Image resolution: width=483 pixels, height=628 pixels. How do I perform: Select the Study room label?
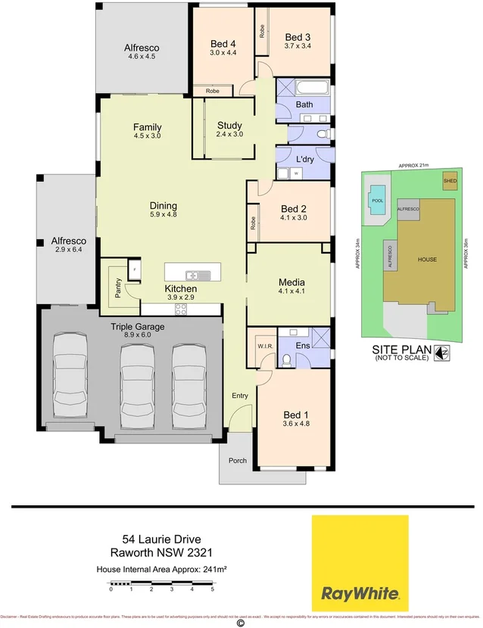coord(229,126)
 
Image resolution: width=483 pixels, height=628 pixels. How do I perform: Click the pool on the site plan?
coord(377,201)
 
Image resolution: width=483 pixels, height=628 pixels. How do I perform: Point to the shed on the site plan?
coord(450,181)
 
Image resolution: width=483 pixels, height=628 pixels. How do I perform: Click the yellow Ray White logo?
coord(360,561)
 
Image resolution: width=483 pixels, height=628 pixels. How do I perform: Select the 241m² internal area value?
coord(213,568)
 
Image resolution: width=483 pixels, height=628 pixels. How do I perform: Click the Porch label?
coord(238,460)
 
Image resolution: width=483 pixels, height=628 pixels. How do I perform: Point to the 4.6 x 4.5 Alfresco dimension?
coord(142,57)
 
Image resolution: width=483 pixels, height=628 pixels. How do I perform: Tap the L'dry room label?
coord(304,159)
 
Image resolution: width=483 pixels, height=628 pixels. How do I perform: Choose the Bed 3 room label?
coord(298,37)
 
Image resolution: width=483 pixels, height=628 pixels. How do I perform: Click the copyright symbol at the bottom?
coord(241,623)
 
